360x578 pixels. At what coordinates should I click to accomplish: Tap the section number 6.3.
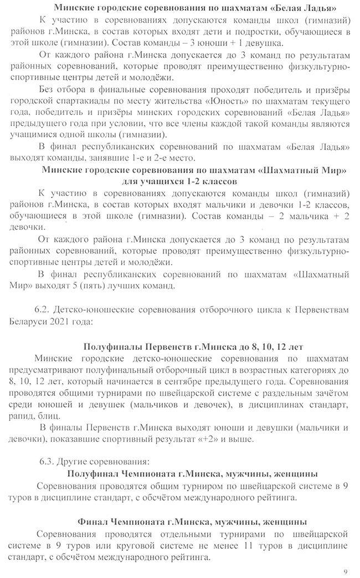point(50,461)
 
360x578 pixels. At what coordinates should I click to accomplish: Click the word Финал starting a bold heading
point(94,522)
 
